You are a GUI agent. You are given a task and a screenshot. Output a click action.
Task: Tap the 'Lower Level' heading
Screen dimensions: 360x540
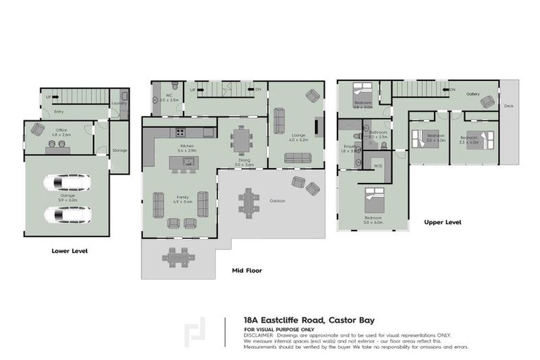pos(70,250)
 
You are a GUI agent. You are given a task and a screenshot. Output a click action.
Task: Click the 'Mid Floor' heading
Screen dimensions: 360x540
pos(247,269)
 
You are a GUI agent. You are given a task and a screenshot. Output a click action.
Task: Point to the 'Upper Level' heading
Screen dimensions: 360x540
pos(442,222)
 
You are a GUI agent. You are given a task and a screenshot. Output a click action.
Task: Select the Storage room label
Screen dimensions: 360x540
pos(120,150)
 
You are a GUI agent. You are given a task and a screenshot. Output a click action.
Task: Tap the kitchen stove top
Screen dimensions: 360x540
pos(180,133)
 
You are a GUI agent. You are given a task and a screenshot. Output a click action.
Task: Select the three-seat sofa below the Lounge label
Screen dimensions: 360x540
pos(302,157)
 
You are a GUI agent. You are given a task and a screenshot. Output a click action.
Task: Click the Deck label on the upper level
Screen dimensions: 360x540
pos(508,106)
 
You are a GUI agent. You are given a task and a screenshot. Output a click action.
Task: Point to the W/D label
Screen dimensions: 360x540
pos(378,166)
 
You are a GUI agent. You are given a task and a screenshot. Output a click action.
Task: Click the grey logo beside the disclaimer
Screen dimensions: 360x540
pos(195,334)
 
